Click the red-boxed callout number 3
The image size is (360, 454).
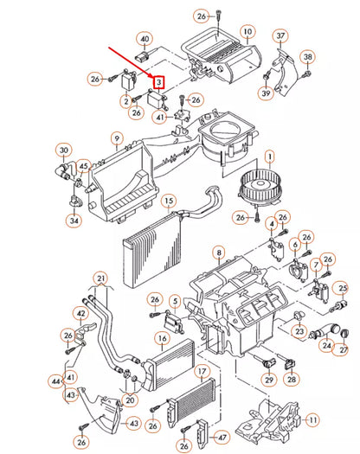pos(158,83)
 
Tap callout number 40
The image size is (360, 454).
pos(145,39)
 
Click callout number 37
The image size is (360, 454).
pos(280,35)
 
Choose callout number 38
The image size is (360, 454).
pos(307,57)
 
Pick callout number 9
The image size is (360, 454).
pos(115,138)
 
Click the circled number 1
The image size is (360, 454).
pos(269,157)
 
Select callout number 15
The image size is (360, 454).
pos(169,201)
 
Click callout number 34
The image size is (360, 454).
pos(74,221)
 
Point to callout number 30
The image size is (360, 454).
pos(63,151)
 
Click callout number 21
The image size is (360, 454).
pos(101,278)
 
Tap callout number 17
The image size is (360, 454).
pos(200,373)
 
